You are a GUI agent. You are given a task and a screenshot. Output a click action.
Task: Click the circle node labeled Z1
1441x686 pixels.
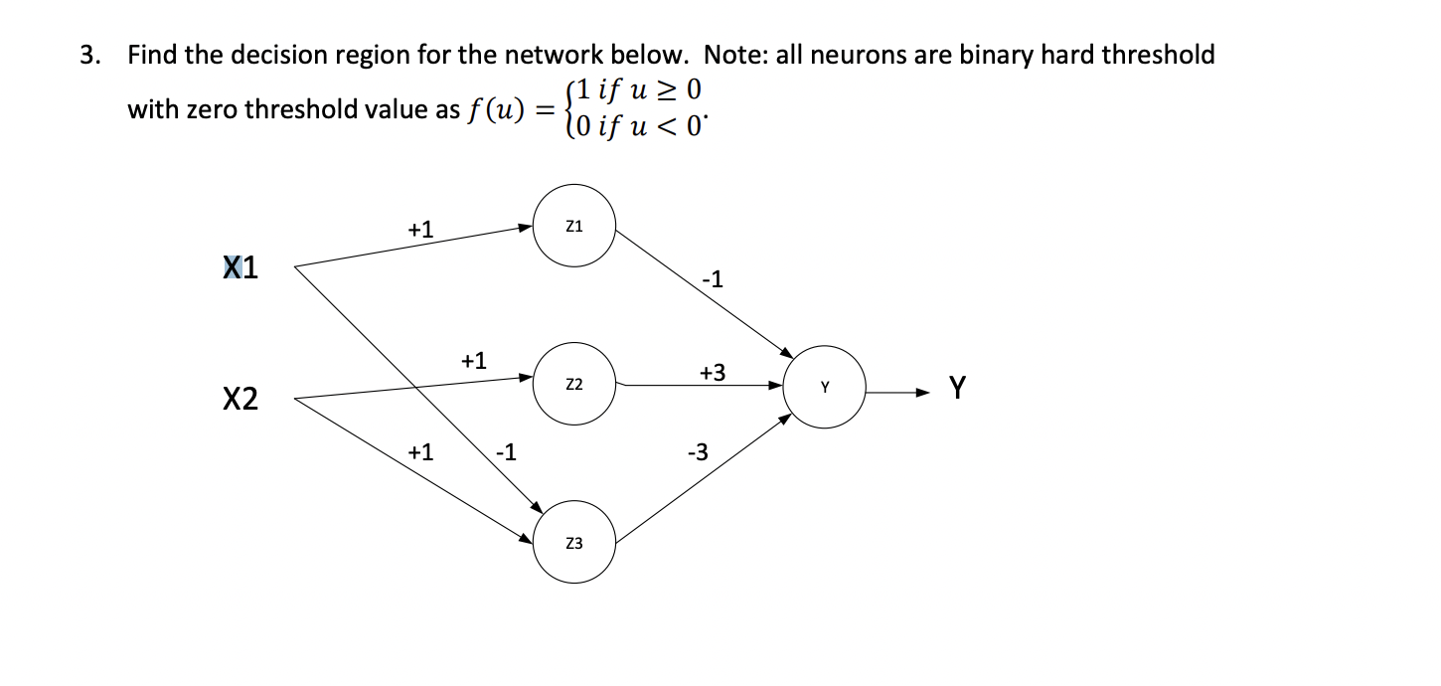tap(573, 226)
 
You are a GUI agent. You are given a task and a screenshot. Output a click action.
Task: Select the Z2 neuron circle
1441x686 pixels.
tap(573, 384)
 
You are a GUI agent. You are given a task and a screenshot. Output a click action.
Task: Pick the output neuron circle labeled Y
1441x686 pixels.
tap(824, 387)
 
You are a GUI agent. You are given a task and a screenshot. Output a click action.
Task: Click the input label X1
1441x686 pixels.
tap(240, 268)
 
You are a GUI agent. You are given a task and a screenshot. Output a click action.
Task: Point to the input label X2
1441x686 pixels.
tap(240, 400)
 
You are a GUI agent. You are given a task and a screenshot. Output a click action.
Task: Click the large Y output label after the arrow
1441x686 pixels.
tap(957, 386)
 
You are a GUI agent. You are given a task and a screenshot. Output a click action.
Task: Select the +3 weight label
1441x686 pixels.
tap(712, 373)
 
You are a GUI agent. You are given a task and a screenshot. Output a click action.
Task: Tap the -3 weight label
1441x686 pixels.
tap(698, 453)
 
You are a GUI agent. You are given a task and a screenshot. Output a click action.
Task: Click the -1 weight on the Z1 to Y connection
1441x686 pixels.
tap(712, 280)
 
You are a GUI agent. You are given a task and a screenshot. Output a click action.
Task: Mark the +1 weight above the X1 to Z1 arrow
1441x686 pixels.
tap(420, 230)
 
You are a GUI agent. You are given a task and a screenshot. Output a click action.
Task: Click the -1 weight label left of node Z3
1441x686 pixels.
tap(506, 453)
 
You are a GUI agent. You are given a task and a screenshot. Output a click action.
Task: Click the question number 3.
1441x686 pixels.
tap(89, 55)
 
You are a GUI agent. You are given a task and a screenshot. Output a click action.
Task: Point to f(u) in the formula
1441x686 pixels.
tap(494, 110)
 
